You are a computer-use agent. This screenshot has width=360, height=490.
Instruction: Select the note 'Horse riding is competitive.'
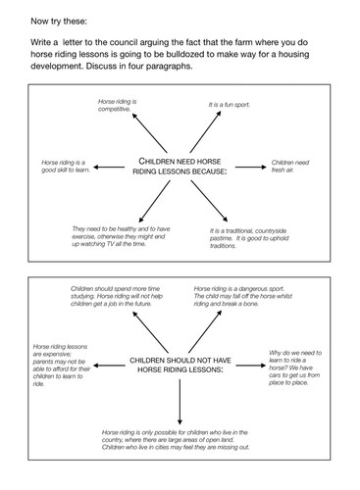tap(118, 105)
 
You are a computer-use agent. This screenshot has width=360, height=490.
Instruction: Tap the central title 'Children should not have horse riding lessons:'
tap(180, 366)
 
